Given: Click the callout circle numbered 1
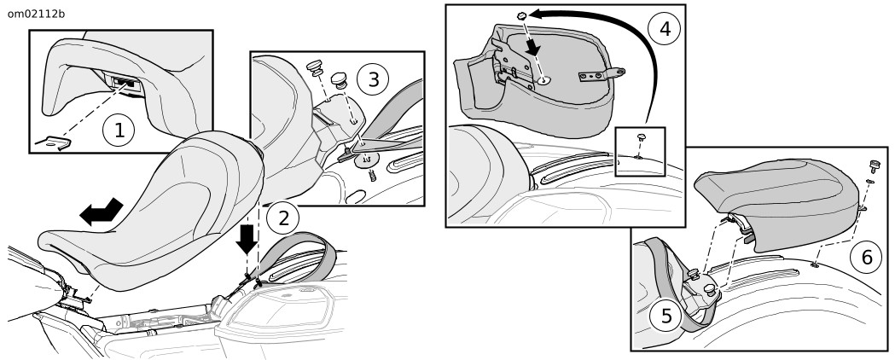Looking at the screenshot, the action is coord(118,130).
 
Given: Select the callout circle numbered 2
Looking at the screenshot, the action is coord(283,218).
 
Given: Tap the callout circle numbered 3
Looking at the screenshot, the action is coord(373,79).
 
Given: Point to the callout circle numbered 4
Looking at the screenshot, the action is coord(665,28).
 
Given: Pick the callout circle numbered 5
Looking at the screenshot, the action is coord(666,316).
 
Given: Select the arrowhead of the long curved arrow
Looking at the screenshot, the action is coord(537,15).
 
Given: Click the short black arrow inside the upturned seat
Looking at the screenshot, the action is coord(532,48).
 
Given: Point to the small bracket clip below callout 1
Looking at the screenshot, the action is coord(53,144).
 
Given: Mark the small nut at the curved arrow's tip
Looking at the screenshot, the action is coord(521,15).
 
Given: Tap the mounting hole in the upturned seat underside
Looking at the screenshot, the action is coord(543,81).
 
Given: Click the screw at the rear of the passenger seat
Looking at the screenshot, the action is coord(873,166).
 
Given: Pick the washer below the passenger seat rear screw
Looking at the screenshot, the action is coord(870,182).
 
